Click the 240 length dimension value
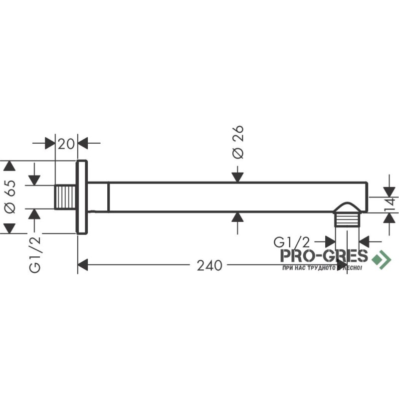pyautogui.click(x=209, y=266)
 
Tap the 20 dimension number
pyautogui.click(x=66, y=144)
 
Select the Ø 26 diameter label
pyautogui.click(x=238, y=142)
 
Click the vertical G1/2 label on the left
pyautogui.click(x=35, y=254)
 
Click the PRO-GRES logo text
pyautogui.click(x=324, y=256)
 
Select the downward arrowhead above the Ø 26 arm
pyautogui.click(x=238, y=176)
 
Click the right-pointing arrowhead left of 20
pyautogui.click(x=50, y=144)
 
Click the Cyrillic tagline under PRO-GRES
pyautogui.click(x=321, y=268)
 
